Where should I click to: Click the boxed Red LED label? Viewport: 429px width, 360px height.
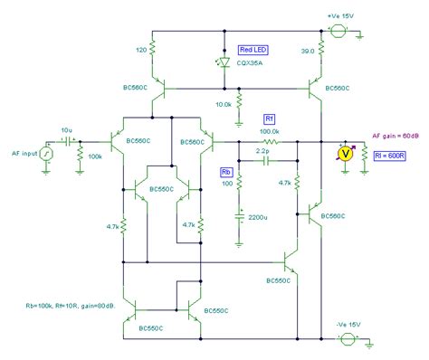click(253, 50)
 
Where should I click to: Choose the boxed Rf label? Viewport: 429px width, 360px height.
click(269, 118)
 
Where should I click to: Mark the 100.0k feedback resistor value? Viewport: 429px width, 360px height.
click(270, 132)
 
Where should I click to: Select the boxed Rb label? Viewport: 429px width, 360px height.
click(226, 170)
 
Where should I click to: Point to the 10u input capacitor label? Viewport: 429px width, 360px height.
click(66, 130)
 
